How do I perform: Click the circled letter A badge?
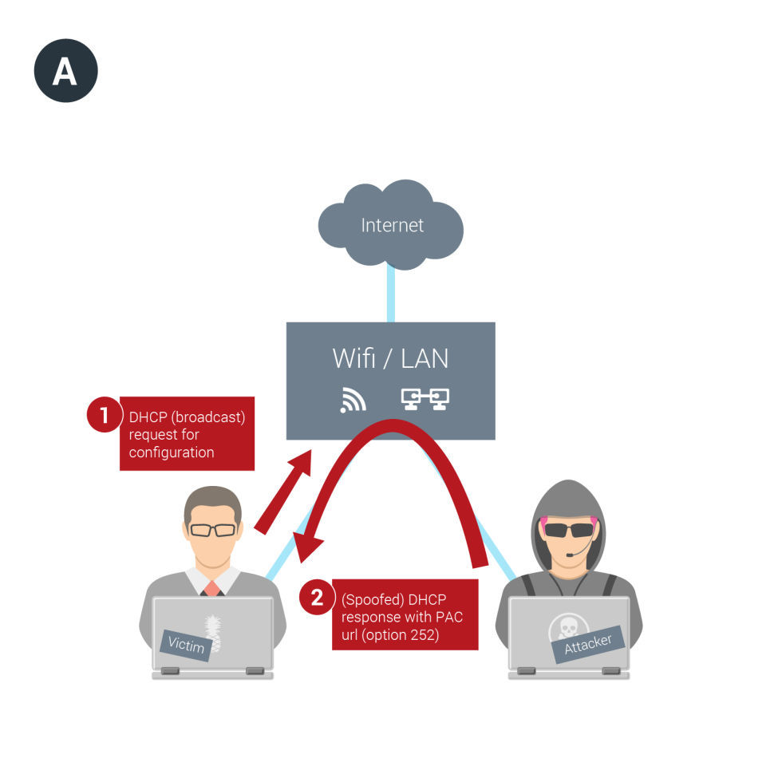tap(65, 70)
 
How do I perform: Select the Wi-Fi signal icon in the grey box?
tap(353, 399)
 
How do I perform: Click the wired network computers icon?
tap(425, 399)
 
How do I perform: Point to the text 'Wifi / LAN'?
tap(390, 358)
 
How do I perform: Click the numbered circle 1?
tap(103, 415)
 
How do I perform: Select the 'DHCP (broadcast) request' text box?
tap(188, 434)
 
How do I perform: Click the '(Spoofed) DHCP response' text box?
tap(405, 614)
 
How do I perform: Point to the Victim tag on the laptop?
tap(186, 644)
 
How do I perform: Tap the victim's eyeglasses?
tap(212, 530)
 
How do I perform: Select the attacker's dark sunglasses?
tap(569, 529)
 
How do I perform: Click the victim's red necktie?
tap(211, 589)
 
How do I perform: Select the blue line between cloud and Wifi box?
tap(391, 293)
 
